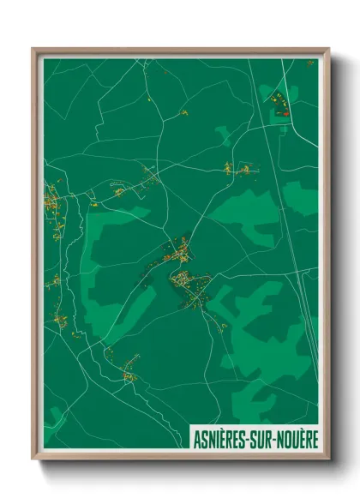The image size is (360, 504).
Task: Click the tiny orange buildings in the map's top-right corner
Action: (x=309, y=63)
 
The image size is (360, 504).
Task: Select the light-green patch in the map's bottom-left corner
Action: (x=53, y=418)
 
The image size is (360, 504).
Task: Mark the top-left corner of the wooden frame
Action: (x=33, y=49)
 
